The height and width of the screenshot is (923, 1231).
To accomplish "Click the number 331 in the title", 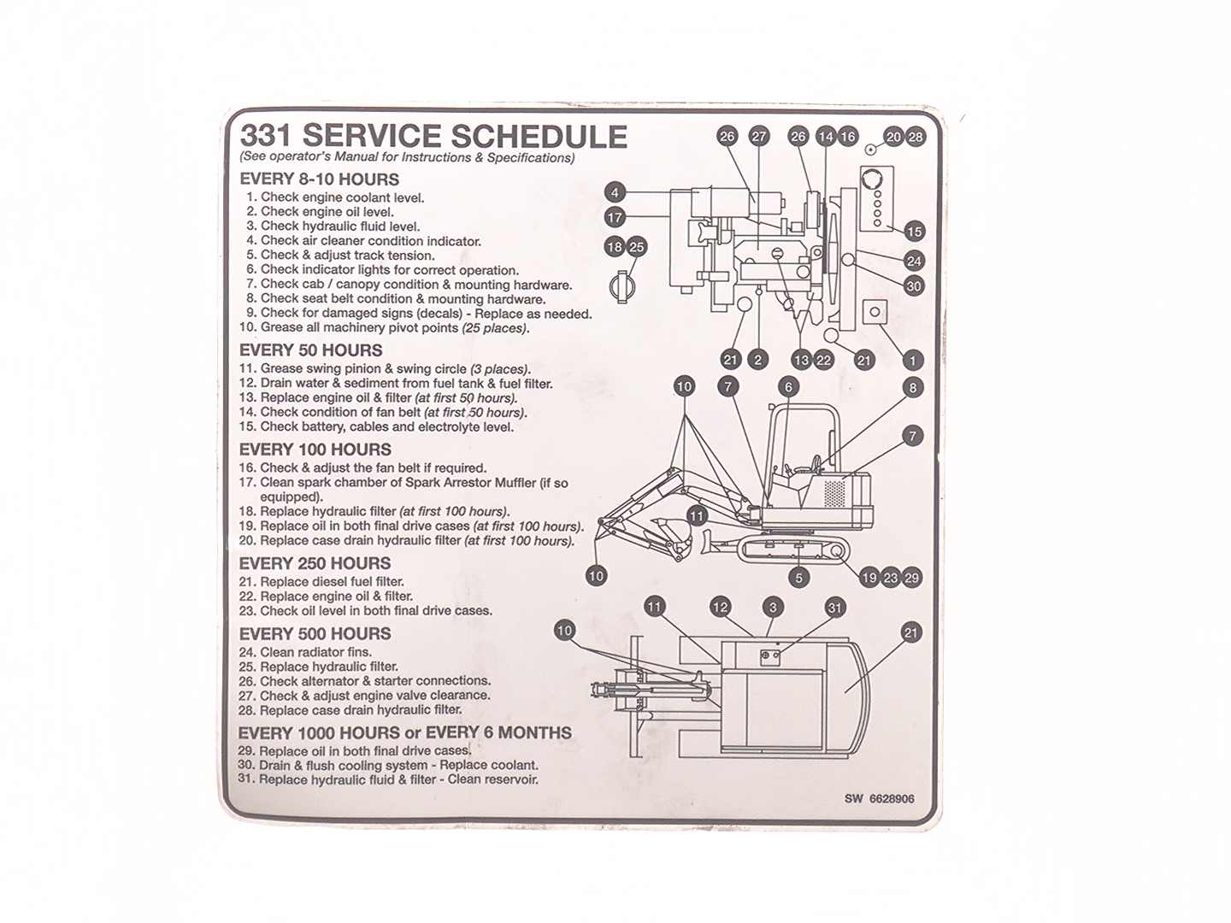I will pos(266,137).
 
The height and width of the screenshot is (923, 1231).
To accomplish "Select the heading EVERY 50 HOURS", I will pos(311,350).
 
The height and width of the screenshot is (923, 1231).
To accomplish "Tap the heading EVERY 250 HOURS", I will pos(315,564).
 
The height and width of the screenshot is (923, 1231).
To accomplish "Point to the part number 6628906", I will pos(892,799).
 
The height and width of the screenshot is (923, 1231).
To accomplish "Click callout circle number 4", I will pos(615,192).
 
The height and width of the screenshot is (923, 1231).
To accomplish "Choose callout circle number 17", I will pos(615,218).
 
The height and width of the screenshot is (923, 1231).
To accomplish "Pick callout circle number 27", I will pos(759,137).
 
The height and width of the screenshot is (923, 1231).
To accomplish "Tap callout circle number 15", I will pos(914,232).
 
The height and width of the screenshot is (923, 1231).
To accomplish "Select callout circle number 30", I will pos(914,286).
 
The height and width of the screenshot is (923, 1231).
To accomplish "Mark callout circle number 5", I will pos(799,578).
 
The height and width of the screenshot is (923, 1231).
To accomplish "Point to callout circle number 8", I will pos(913,388).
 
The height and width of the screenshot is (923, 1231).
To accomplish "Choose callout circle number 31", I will pos(835,608).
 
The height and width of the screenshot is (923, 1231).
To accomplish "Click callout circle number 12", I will pos(721,608).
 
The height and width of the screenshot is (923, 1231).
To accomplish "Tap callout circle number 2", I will pos(757,361).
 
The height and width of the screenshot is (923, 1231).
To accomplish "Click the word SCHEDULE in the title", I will pos(538,137).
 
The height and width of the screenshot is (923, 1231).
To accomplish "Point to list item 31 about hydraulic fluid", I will pos(389,779).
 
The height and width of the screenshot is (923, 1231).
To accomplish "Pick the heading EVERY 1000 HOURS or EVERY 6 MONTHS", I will pos(404,733).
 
